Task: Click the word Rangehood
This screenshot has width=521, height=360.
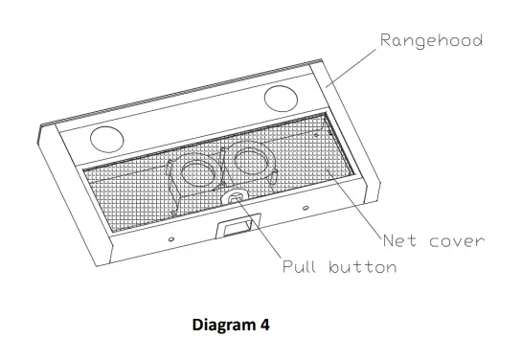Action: [431, 40]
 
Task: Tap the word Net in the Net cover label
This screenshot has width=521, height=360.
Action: [399, 240]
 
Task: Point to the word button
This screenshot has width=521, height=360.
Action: [362, 267]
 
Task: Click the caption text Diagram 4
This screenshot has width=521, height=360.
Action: [231, 326]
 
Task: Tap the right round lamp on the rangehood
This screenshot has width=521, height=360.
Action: [281, 98]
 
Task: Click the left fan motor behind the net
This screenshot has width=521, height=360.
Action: [198, 175]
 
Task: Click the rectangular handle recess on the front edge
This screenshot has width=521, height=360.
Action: [238, 227]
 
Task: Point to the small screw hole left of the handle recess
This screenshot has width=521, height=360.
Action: [170, 238]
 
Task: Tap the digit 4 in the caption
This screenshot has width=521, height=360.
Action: [264, 326]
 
